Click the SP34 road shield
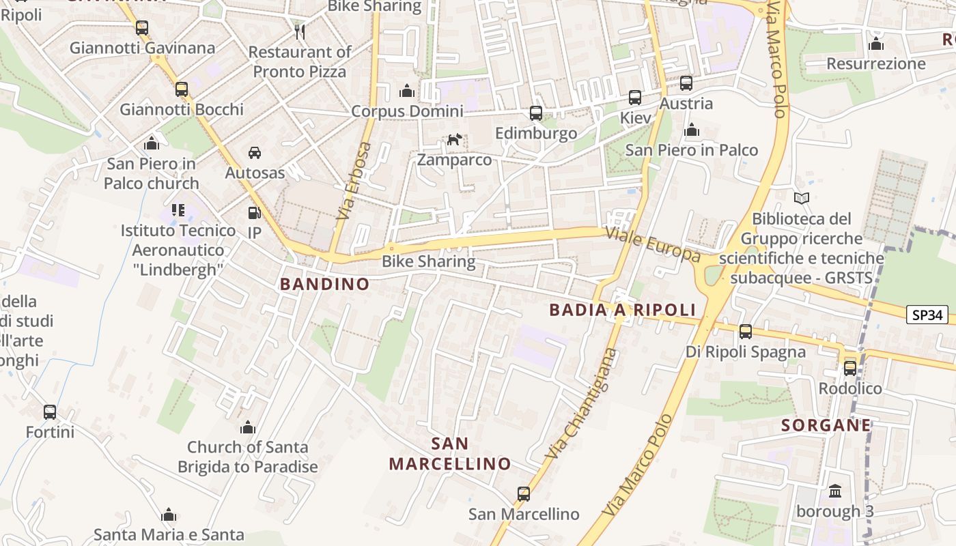[928, 315]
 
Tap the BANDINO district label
[324, 284]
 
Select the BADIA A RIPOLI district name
[622, 310]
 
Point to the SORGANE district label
[826, 425]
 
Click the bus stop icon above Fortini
[50, 412]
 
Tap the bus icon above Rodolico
[850, 369]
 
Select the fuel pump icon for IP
[254, 213]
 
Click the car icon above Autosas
[255, 152]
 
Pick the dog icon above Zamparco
[454, 140]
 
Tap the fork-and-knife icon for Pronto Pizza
[299, 31]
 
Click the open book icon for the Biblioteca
[802, 199]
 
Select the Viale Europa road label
[653, 246]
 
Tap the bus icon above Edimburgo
[536, 113]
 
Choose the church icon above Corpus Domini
[407, 91]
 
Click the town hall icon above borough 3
[835, 491]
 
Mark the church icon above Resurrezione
[876, 44]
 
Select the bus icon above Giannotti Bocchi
[181, 89]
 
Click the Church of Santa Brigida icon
[248, 427]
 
